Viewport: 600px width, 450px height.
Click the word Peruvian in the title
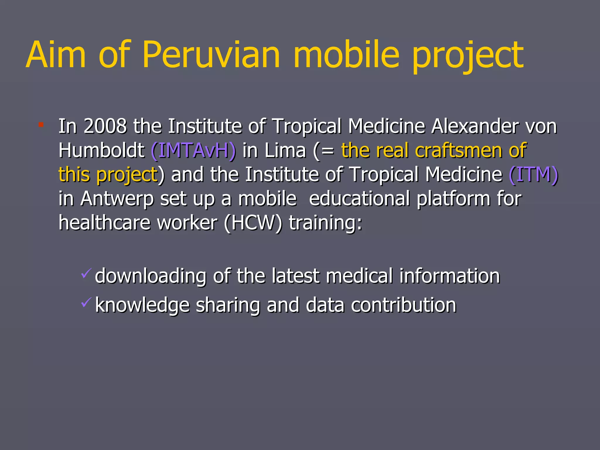coord(212,55)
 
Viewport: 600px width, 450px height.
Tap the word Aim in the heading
coord(56,55)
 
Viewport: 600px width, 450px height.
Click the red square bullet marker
coord(41,125)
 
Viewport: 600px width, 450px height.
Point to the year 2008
coord(105,126)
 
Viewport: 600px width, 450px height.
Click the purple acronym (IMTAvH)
coord(193,151)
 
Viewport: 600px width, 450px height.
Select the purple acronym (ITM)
coord(533,175)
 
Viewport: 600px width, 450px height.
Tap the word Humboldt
coord(101,151)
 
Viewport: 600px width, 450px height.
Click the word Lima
coord(285,151)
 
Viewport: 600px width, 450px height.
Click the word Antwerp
coord(117,199)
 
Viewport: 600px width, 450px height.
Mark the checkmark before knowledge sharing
coord(86,302)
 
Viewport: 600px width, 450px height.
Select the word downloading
coord(151,276)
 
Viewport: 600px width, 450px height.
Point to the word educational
coord(359,199)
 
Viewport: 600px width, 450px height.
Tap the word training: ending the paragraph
coord(325,223)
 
